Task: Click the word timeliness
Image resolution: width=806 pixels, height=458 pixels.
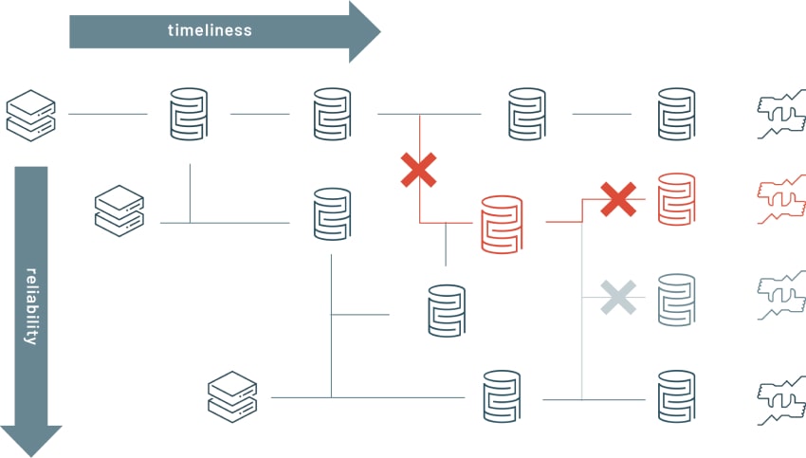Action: pyautogui.click(x=210, y=30)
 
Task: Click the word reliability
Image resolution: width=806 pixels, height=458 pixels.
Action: pyautogui.click(x=31, y=306)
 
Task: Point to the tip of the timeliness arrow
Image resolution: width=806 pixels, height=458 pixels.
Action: pyautogui.click(x=378, y=30)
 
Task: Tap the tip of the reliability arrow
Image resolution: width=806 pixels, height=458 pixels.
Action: pyautogui.click(x=31, y=453)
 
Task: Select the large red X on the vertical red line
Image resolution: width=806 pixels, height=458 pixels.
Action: pyautogui.click(x=418, y=171)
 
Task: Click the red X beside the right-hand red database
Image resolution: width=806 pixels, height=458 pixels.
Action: pyautogui.click(x=618, y=199)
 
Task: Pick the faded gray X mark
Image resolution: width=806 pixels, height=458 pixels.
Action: pyautogui.click(x=618, y=298)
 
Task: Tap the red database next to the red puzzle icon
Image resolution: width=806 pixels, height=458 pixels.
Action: pyautogui.click(x=676, y=199)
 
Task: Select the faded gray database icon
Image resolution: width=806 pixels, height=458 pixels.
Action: pyautogui.click(x=676, y=300)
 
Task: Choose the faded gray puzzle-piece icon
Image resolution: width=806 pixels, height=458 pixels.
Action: pyautogui.click(x=780, y=300)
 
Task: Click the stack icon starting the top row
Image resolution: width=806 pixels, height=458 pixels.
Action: pyautogui.click(x=31, y=113)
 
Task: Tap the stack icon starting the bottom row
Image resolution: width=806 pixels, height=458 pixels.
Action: pyautogui.click(x=232, y=397)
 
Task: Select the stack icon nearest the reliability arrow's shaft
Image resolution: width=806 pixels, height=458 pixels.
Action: pyautogui.click(x=119, y=210)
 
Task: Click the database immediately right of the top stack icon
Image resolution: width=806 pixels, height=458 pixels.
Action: pyautogui.click(x=189, y=114)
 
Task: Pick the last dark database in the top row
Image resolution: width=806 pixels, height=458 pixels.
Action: pyautogui.click(x=676, y=114)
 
